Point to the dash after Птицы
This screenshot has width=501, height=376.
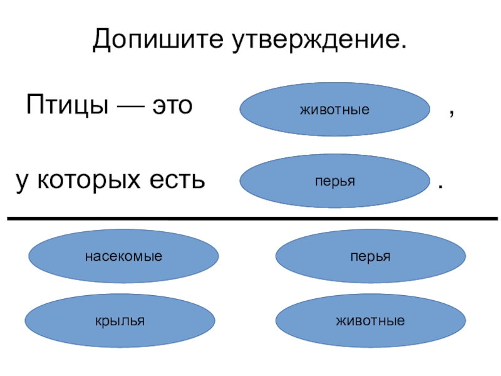pos(127,105)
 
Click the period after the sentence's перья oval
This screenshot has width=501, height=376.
pos(442,187)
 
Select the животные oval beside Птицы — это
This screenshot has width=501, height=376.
pos(334,110)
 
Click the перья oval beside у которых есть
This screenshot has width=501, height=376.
pos(334,181)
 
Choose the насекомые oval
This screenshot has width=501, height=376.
pos(124,256)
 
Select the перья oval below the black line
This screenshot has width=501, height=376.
pos(371,256)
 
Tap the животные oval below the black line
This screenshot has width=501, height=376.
pos(371,321)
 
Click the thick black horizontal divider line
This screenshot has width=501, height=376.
pos(250,219)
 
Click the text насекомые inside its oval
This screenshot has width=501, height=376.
pos(124,256)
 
